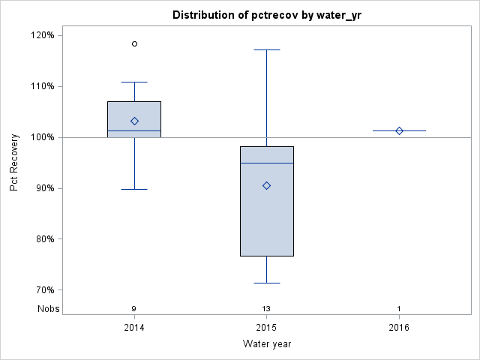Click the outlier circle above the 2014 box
click(134, 44)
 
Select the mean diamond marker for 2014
click(134, 121)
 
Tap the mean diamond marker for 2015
click(266, 185)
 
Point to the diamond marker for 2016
click(399, 130)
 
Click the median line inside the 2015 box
click(266, 163)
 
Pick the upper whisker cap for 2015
click(266, 49)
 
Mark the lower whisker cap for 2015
click(266, 283)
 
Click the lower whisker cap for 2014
click(134, 189)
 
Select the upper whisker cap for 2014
click(134, 82)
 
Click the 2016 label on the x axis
click(399, 328)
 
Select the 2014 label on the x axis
click(134, 328)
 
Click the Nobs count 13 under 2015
click(266, 309)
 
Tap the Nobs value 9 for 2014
click(134, 309)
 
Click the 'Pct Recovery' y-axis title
click(14, 163)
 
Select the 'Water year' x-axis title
click(266, 344)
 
